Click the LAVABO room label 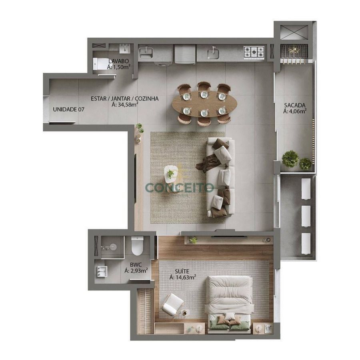[119, 61]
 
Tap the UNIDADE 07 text [69, 110]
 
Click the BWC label [136, 265]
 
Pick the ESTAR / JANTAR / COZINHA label [125, 99]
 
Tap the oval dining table [205, 104]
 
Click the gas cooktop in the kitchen [254, 52]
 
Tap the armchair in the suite [173, 303]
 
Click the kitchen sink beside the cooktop [213, 53]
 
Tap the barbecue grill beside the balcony [294, 52]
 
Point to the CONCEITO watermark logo [180, 187]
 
